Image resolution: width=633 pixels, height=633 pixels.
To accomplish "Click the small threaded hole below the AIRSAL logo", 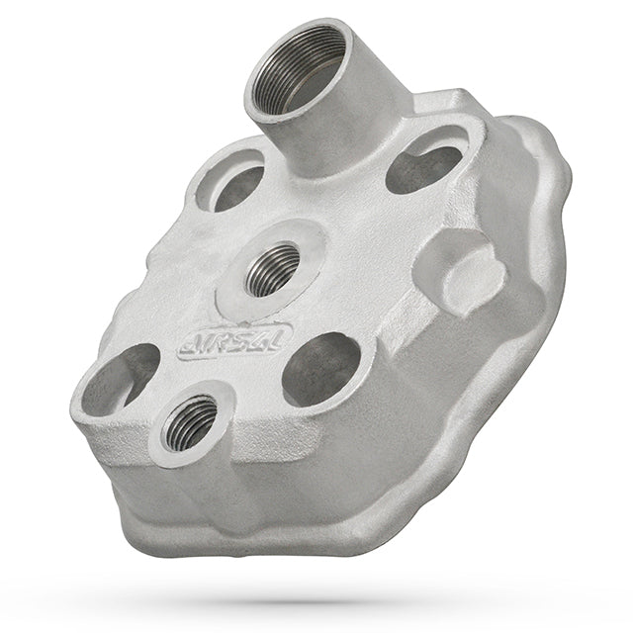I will [x=187, y=425].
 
